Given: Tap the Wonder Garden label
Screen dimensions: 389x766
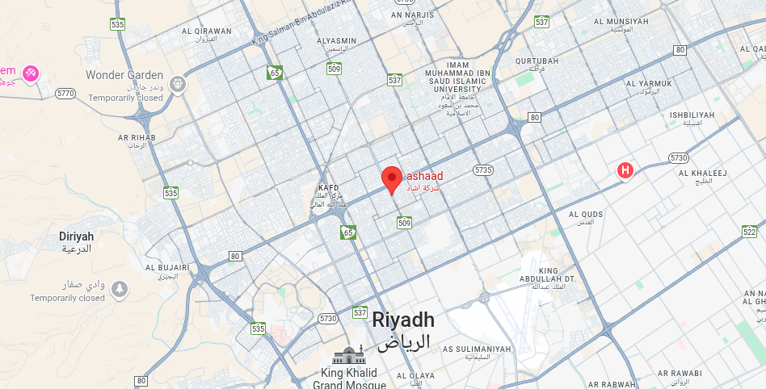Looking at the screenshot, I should [124, 75].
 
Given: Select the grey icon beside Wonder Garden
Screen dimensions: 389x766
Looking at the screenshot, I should [178, 83].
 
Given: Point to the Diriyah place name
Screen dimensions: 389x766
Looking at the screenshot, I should [77, 236].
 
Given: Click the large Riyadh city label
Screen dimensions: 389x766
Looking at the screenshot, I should [403, 320].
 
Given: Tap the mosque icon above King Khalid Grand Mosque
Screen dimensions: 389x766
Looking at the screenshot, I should [348, 354].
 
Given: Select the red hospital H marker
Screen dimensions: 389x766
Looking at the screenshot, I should [625, 170].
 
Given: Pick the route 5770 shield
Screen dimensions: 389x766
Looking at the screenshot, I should [65, 94].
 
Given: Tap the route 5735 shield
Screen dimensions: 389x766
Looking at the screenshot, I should [483, 169].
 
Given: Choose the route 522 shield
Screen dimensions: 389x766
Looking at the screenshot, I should [749, 232].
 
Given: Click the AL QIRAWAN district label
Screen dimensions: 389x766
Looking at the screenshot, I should [207, 31].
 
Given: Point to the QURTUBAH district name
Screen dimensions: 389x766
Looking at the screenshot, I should [537, 61].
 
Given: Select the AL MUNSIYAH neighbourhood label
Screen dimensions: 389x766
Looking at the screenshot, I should [621, 21].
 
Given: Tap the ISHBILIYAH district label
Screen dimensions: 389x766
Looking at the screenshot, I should [692, 115].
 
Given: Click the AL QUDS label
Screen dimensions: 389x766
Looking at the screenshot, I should [586, 215].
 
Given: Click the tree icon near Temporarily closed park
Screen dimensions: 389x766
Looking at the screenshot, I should [120, 288].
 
